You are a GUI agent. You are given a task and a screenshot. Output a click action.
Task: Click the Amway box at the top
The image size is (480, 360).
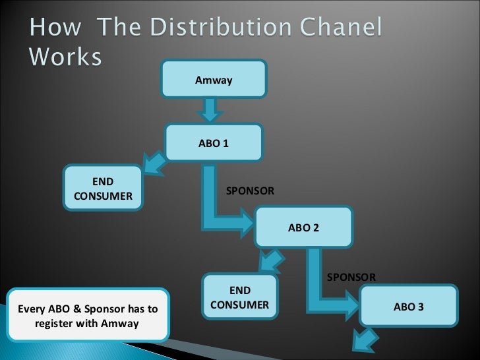click(x=214, y=80)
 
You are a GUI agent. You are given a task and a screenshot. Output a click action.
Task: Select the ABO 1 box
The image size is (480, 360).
click(x=214, y=142)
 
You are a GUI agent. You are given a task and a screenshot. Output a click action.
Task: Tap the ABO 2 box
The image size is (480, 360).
click(x=303, y=227)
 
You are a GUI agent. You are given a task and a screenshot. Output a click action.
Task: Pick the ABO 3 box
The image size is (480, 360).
click(x=408, y=307)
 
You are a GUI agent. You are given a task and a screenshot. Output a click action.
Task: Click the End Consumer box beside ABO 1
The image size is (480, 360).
click(x=103, y=189)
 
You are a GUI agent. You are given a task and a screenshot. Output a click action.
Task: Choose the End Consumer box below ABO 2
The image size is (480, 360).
click(x=240, y=298)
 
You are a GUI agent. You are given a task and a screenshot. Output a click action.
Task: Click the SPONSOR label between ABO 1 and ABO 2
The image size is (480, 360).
click(x=250, y=191)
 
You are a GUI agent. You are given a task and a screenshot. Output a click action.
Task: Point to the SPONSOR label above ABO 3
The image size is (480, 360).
click(x=351, y=277)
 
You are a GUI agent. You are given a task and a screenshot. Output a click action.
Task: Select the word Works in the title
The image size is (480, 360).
click(x=65, y=58)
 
